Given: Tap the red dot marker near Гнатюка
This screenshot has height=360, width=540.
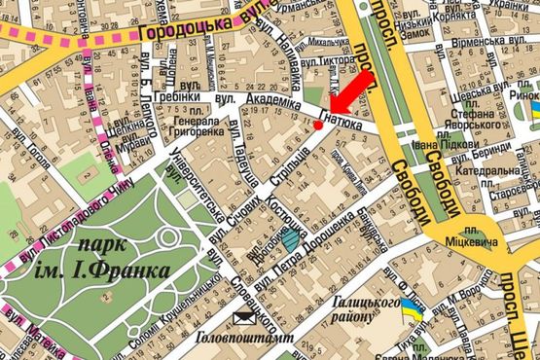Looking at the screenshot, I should pyautogui.click(x=318, y=125).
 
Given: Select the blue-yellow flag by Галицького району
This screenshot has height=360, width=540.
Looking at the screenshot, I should pyautogui.click(x=413, y=311).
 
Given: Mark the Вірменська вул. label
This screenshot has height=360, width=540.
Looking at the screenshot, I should pyautogui.click(x=492, y=44).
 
